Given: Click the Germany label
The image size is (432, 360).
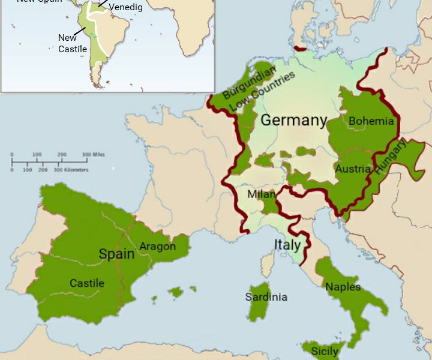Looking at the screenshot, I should (294, 120).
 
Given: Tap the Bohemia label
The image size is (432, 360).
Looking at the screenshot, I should (371, 121).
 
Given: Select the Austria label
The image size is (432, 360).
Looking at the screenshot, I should (353, 169).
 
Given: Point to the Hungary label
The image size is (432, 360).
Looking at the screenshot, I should (391, 157).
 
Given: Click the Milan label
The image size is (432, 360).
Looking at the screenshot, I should (262, 195).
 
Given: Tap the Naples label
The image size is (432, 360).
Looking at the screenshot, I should (343, 287).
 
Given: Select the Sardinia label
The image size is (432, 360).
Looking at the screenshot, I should (266, 297).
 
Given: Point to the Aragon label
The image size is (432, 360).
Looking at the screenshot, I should (157, 246).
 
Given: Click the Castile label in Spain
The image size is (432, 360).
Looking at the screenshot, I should (87, 283).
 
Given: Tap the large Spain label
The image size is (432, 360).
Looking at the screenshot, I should (116, 254).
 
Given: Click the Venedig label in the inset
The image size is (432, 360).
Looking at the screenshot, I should (125, 7).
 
